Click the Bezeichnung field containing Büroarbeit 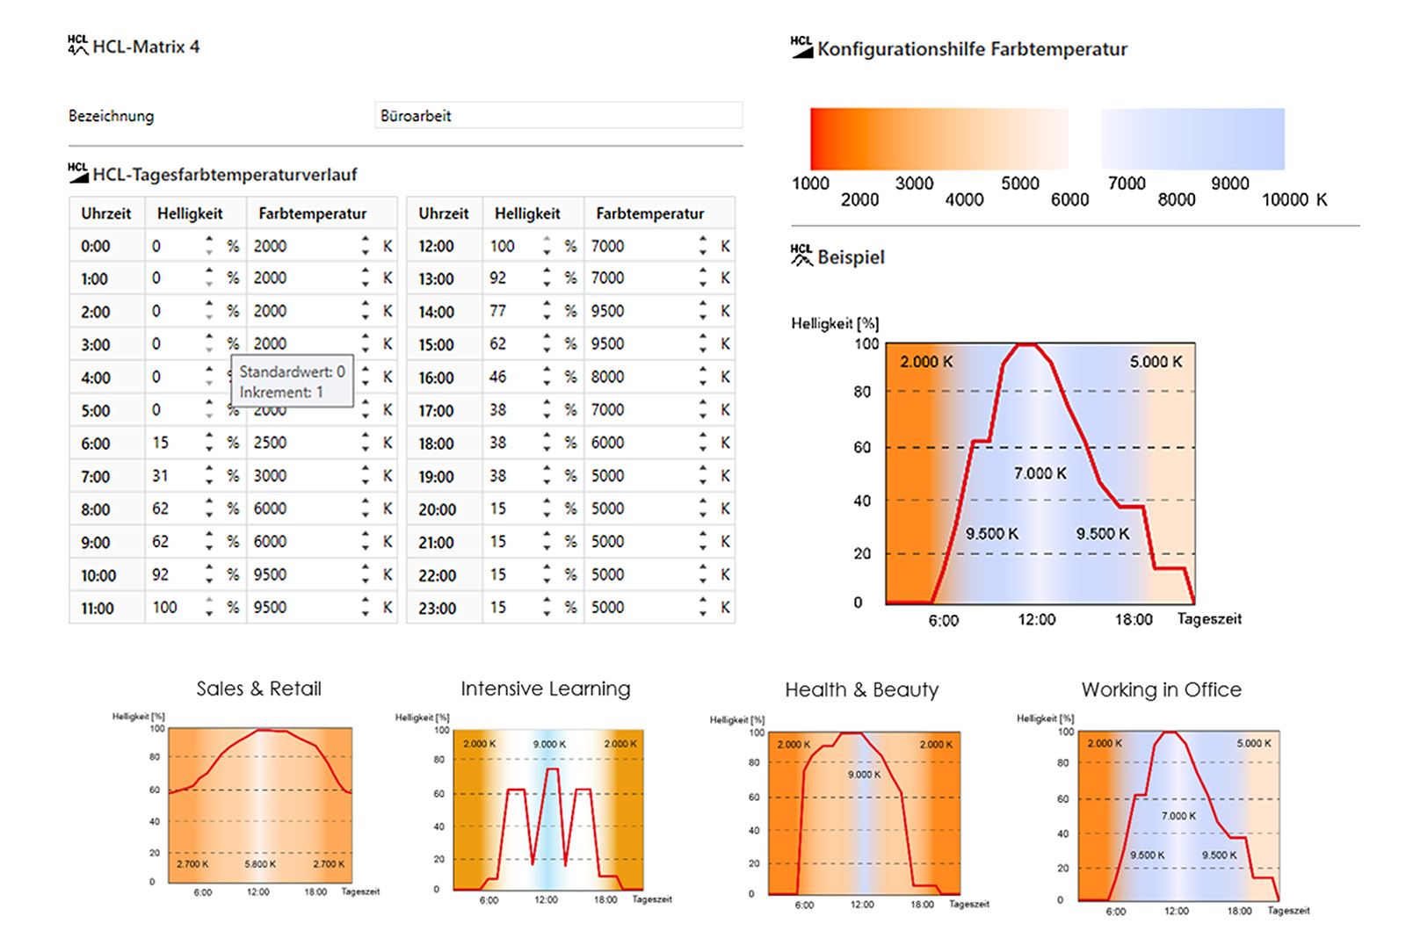[x=558, y=116]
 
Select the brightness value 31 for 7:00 [x=160, y=476]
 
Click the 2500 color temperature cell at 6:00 [x=271, y=443]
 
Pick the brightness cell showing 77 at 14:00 [x=498, y=311]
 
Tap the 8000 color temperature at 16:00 [x=607, y=377]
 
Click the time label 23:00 [x=437, y=608]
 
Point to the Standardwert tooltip [x=292, y=381]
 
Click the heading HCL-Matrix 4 [x=145, y=47]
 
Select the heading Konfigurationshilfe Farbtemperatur [x=971, y=49]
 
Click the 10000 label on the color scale [x=1285, y=200]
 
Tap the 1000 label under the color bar [x=810, y=184]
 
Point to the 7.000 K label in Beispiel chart [x=1040, y=473]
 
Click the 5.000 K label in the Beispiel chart [x=1156, y=362]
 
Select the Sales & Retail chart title [x=258, y=689]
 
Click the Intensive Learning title [x=545, y=689]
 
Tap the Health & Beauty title [x=861, y=689]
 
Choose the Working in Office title [x=1161, y=689]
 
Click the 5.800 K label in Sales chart [x=260, y=864]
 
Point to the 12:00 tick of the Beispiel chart [x=1037, y=619]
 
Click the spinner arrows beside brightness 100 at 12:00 [x=547, y=246]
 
